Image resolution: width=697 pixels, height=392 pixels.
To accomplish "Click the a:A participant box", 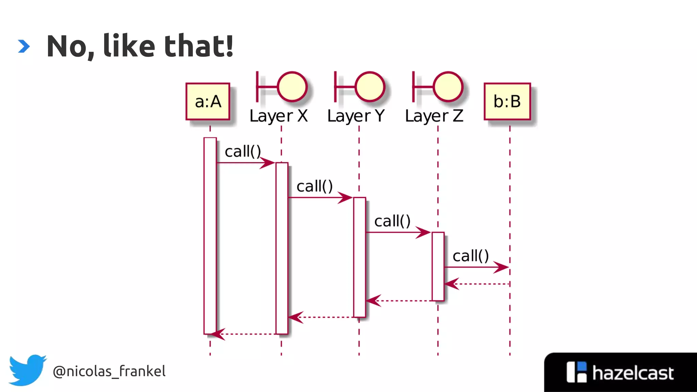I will tap(208, 101).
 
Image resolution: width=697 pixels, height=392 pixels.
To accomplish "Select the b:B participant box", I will tap(507, 101).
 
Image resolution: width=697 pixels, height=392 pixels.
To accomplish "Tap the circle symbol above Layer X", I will tap(292, 87).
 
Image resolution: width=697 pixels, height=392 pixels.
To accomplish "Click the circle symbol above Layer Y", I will tap(370, 87).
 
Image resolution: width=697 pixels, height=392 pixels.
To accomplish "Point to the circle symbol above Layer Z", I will tap(448, 87).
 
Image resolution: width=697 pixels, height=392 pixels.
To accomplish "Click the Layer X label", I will tap(278, 116).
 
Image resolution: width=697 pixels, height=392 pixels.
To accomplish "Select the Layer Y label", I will tap(356, 116).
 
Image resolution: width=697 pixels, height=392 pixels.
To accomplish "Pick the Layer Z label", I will tap(434, 116).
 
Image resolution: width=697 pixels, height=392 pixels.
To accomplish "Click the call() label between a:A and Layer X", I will tap(243, 151).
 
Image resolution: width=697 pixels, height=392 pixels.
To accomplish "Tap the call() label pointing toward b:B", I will tap(471, 256).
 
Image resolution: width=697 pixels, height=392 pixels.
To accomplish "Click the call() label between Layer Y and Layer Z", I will tap(392, 221).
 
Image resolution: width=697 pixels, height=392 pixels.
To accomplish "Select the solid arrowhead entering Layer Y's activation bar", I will tap(345, 197).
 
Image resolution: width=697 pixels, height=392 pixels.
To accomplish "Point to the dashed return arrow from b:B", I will tap(476, 284).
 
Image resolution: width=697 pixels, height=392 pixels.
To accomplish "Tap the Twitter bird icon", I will tap(27, 370).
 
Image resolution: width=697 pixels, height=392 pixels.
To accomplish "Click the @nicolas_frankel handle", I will tap(109, 371).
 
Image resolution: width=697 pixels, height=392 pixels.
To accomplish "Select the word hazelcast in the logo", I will tap(633, 373).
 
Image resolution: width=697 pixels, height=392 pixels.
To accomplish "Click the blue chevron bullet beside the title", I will tap(24, 46).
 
